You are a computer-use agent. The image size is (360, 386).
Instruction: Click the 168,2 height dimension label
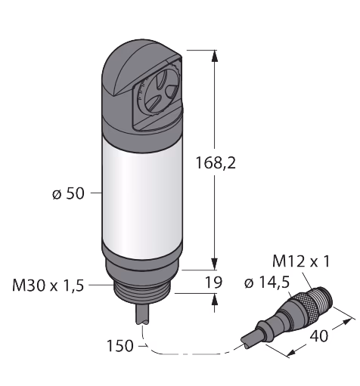(216, 163)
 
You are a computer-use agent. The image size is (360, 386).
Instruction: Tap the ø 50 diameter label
(68, 194)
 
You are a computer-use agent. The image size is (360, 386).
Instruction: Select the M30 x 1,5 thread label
(48, 286)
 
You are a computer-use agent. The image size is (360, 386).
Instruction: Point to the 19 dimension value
(214, 283)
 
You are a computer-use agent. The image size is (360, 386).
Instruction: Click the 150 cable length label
(120, 346)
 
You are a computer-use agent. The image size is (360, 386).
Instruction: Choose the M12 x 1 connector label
(301, 261)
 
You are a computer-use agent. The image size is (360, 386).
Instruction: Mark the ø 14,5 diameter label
(267, 283)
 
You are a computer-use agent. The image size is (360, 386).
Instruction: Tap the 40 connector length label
(318, 335)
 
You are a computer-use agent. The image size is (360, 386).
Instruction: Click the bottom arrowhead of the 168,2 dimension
(215, 264)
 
